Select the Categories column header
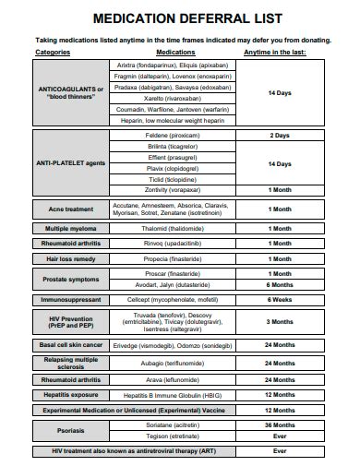(x=53, y=53)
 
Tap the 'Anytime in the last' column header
(x=274, y=53)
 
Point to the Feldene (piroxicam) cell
(x=171, y=135)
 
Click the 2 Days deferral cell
(x=279, y=135)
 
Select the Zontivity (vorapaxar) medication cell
(x=171, y=189)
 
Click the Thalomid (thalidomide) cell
(x=171, y=228)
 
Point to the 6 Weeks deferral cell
(x=279, y=300)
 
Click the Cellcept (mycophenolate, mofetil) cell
(x=171, y=300)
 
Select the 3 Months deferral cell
(x=279, y=321)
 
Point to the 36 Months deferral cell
(x=279, y=424)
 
